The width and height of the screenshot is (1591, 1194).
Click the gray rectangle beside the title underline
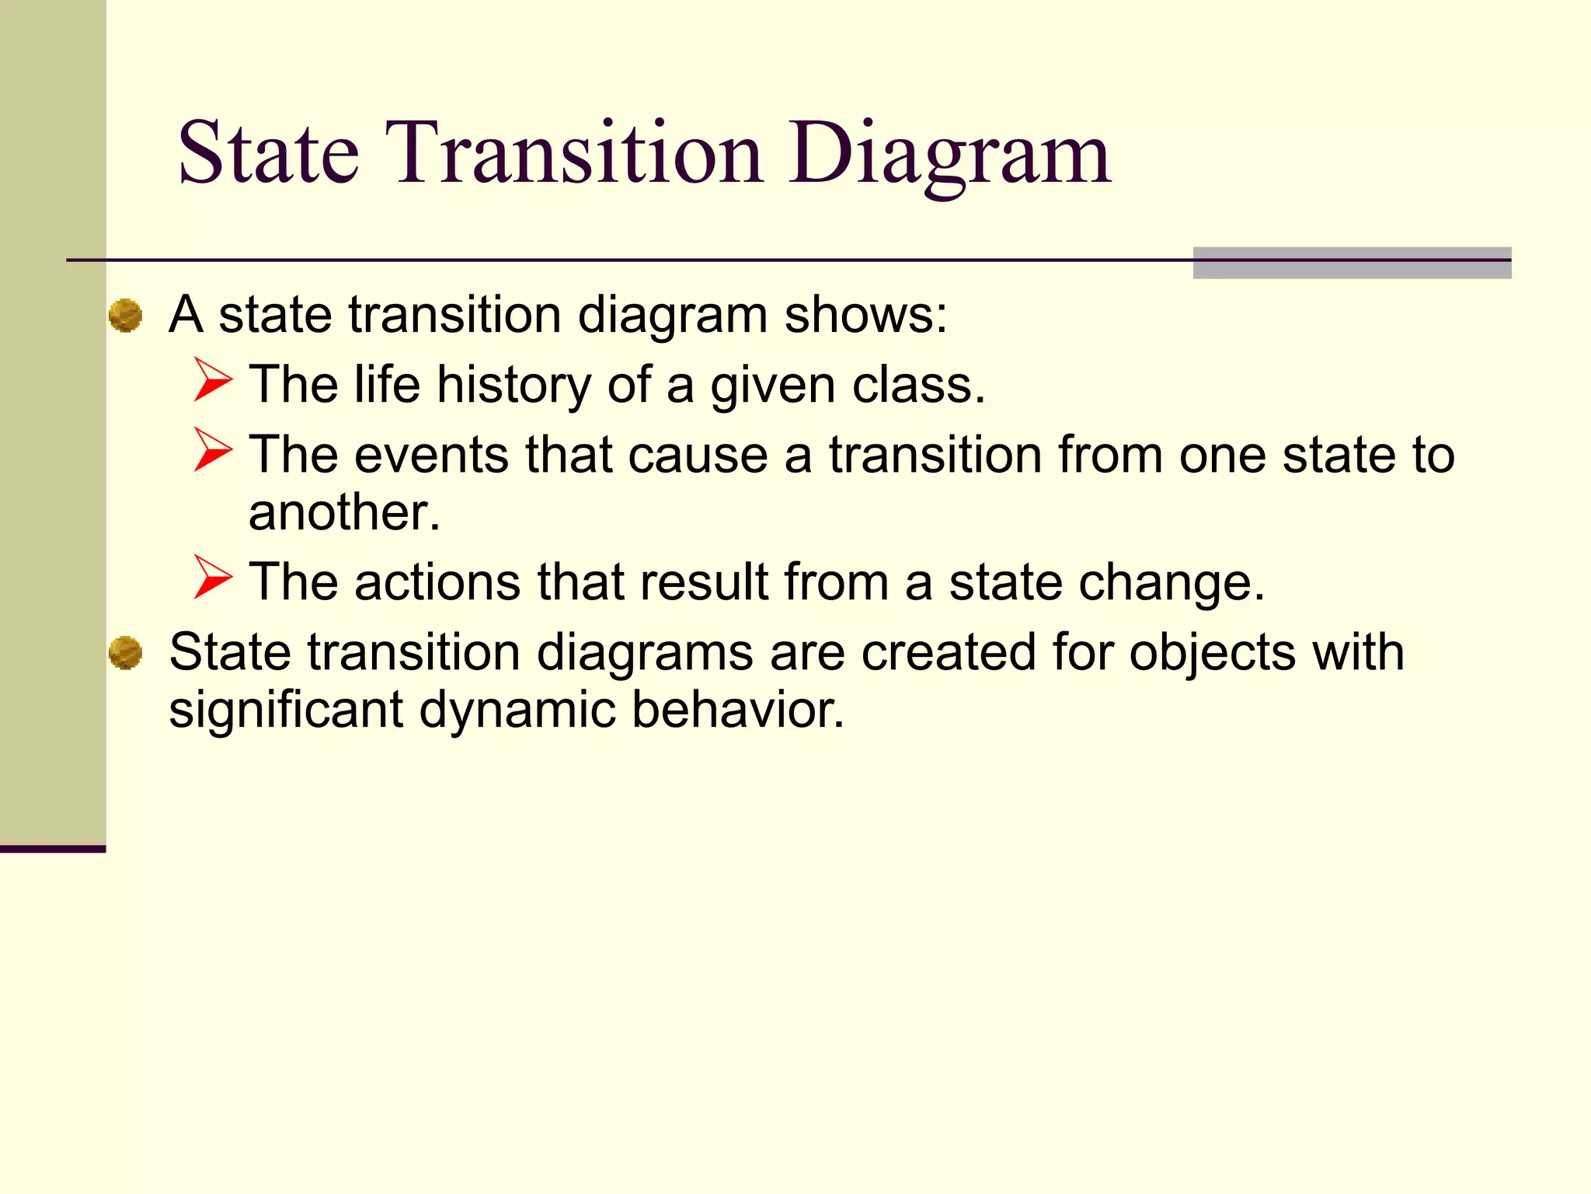pos(1352,263)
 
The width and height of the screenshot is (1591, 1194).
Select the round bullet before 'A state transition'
pos(125,316)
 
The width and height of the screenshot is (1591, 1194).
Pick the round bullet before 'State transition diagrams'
pos(125,652)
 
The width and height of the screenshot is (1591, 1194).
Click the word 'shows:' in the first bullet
pos(865,315)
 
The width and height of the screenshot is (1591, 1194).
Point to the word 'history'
pos(514,385)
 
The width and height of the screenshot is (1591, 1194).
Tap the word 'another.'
pos(344,512)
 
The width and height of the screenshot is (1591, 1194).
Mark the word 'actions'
pos(437,582)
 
